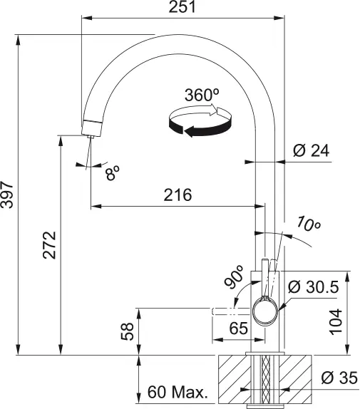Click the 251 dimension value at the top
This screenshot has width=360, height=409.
(x=183, y=8)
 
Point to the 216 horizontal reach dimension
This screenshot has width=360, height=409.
(x=177, y=195)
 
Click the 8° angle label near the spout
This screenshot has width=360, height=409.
(x=112, y=172)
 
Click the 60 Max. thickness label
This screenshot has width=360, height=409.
(x=177, y=392)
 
